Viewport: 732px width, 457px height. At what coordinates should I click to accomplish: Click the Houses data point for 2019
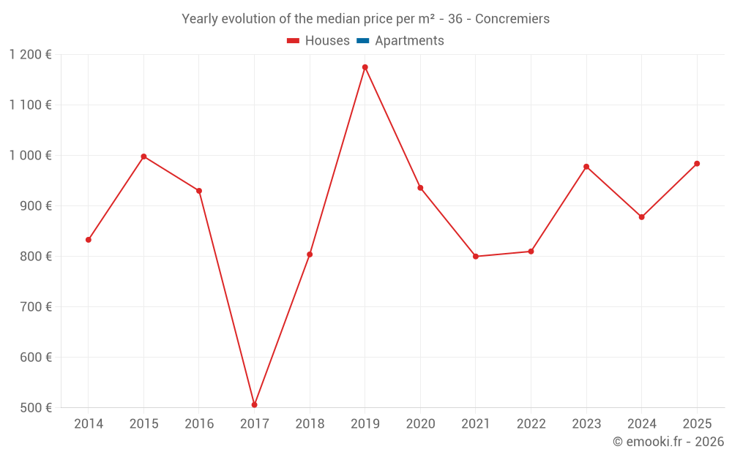point(365,67)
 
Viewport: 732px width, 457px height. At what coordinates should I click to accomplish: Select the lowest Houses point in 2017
point(254,404)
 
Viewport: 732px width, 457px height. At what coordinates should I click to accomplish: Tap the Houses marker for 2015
point(143,156)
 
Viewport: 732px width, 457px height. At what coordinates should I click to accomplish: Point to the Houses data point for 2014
point(89,240)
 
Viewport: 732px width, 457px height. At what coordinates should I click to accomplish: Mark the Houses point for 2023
point(586,167)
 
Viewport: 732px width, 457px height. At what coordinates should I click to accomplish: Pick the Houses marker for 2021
point(476,257)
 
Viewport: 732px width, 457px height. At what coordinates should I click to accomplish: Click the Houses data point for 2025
point(697,164)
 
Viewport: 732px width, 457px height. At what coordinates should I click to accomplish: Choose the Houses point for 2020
point(420,188)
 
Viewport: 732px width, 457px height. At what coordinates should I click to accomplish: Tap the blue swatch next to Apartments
point(362,41)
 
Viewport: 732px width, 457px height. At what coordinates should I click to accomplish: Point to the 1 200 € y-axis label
point(31,54)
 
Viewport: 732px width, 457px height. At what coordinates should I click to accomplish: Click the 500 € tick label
point(37,408)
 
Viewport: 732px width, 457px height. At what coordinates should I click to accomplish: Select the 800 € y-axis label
point(37,257)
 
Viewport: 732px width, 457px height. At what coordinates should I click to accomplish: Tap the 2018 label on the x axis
point(310,424)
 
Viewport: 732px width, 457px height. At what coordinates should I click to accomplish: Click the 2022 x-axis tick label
point(531,424)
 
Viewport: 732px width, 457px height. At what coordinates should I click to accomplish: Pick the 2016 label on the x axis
point(199,424)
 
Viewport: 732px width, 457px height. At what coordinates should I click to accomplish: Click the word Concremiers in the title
point(512,19)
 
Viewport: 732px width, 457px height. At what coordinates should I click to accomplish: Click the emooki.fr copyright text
point(668,442)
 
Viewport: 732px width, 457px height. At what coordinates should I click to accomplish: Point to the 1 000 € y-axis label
point(31,156)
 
